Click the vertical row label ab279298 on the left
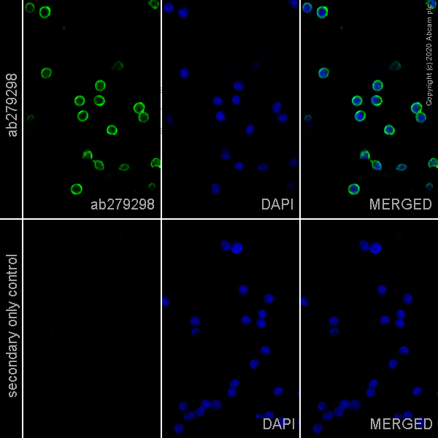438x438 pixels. pyautogui.click(x=12, y=104)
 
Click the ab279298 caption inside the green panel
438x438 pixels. pyautogui.click(x=123, y=204)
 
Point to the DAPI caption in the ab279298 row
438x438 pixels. pyautogui.click(x=277, y=204)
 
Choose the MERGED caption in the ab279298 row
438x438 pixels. pyautogui.click(x=400, y=204)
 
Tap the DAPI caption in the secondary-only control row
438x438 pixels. pyautogui.click(x=277, y=423)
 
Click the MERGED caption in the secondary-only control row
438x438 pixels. pyautogui.click(x=400, y=423)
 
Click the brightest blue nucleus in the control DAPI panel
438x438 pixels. pyautogui.click(x=237, y=248)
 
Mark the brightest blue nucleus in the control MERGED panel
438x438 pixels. pyautogui.click(x=375, y=248)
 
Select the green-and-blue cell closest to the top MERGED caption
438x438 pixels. pyautogui.click(x=353, y=189)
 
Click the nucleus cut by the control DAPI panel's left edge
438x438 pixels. pyautogui.click(x=166, y=301)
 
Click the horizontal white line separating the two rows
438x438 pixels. pyautogui.click(x=219, y=219)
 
